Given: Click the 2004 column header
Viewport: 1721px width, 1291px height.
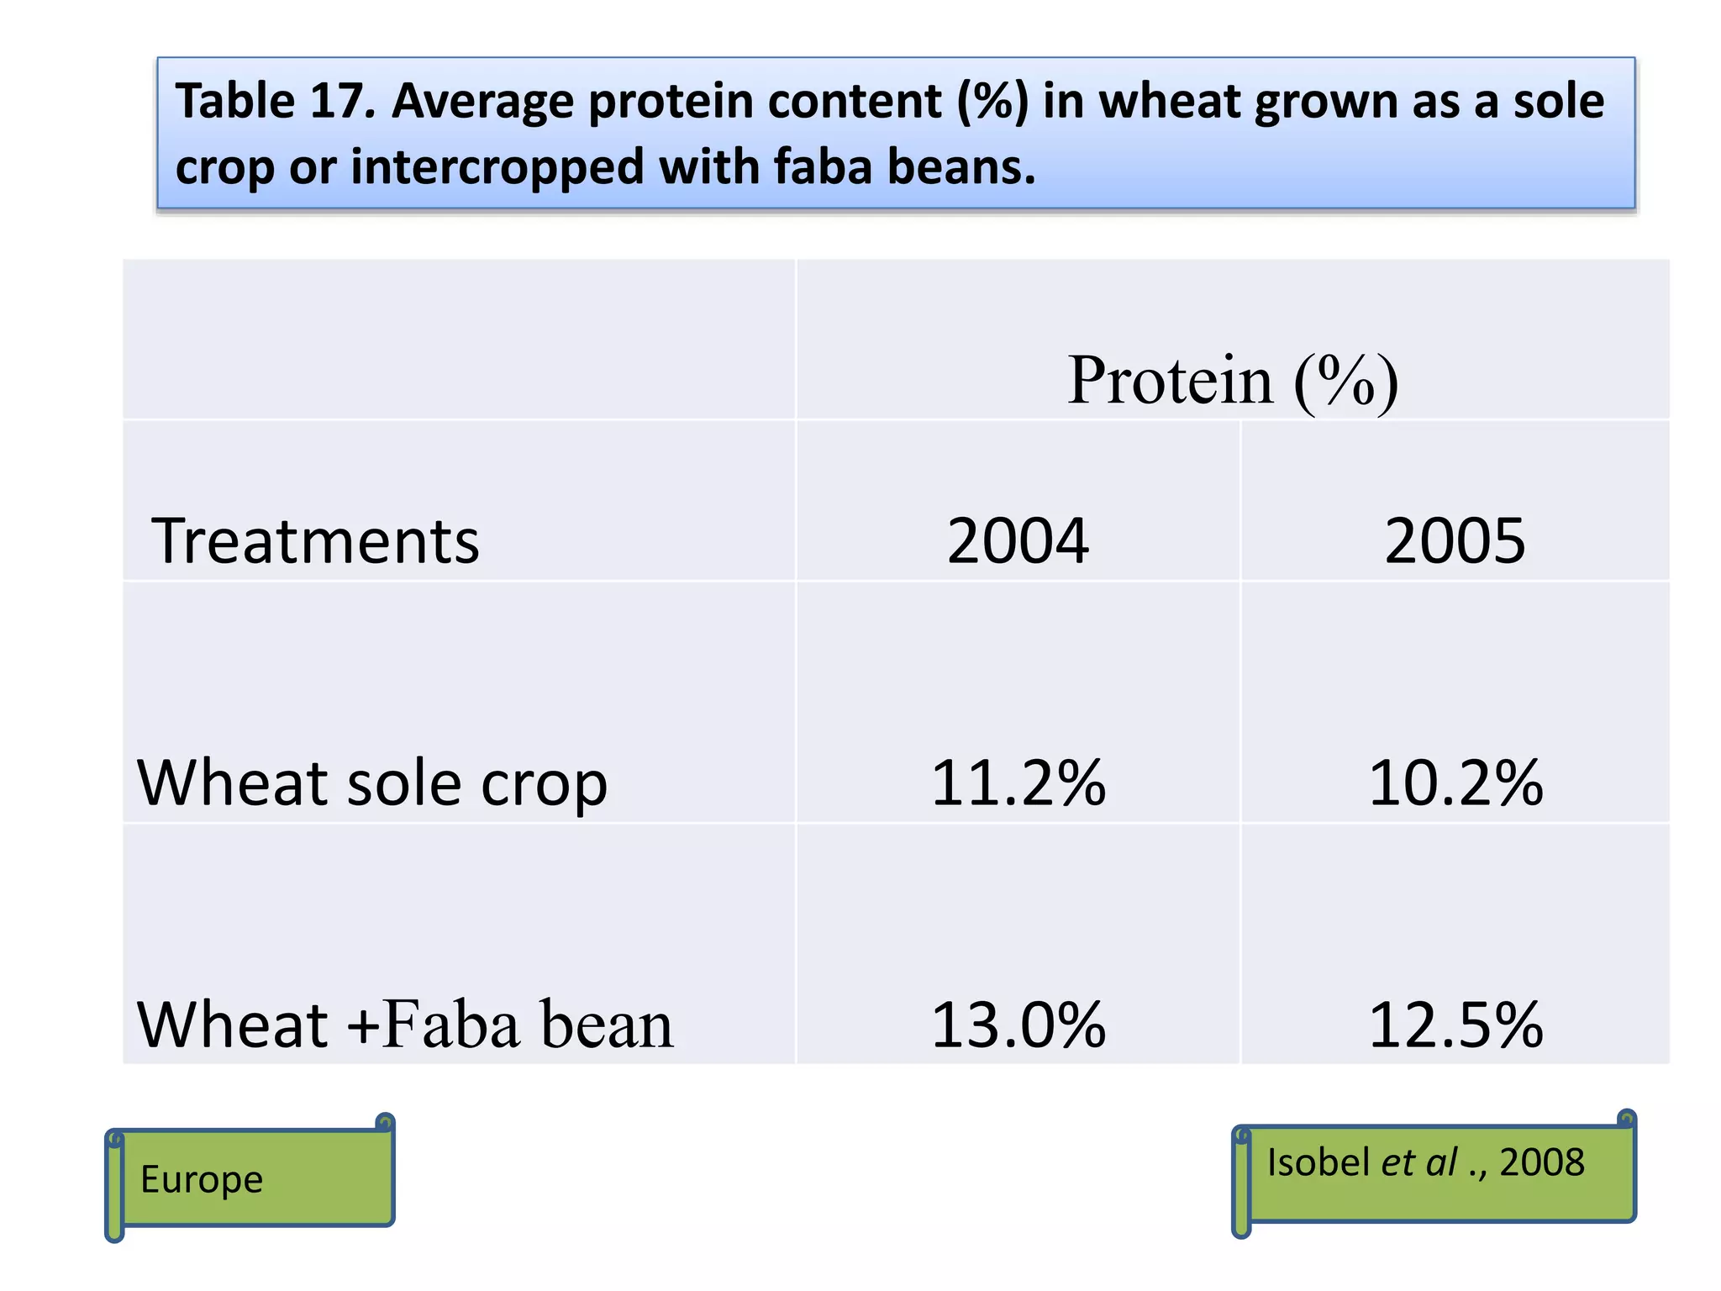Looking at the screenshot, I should [x=1018, y=540].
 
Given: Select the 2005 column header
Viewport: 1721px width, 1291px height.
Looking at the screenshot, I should [x=1455, y=540].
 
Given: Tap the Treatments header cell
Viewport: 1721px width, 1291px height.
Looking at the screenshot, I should [x=315, y=540].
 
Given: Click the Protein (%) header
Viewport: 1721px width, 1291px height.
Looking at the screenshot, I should [x=1233, y=381].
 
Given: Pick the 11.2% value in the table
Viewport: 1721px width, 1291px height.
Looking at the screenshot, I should [x=1018, y=783].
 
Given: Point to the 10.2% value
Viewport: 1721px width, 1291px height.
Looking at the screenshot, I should [x=1455, y=783].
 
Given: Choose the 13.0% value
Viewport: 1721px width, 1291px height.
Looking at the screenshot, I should [x=1018, y=1025].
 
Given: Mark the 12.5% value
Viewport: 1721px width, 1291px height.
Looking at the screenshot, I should [x=1455, y=1025].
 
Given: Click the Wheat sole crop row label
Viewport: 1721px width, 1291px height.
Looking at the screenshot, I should [x=371, y=783].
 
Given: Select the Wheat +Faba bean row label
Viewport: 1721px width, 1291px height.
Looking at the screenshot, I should [x=404, y=1025].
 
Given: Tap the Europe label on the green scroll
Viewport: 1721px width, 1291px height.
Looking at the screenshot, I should [x=202, y=1178].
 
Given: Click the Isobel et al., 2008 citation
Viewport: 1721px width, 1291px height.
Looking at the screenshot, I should [x=1425, y=1162].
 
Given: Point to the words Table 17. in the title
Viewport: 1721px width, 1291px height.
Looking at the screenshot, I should [x=276, y=101].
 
